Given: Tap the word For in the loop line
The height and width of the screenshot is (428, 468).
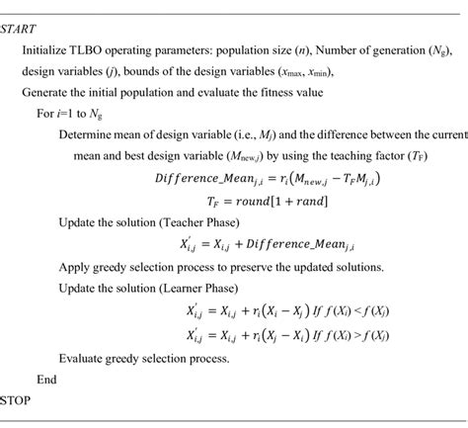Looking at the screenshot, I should coord(47,113).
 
